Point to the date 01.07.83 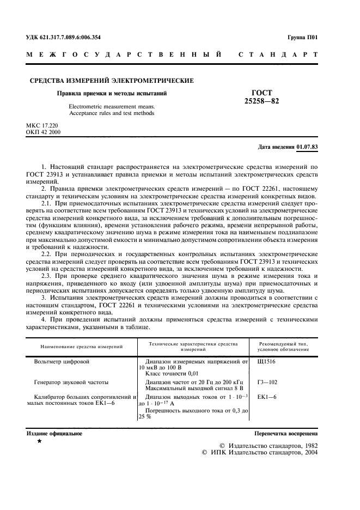[x=307, y=147]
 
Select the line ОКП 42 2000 [x=44, y=132]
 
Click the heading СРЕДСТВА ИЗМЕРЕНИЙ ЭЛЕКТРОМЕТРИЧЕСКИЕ [x=111, y=81]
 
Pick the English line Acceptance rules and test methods [x=112, y=113]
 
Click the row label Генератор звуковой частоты [x=71, y=382]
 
